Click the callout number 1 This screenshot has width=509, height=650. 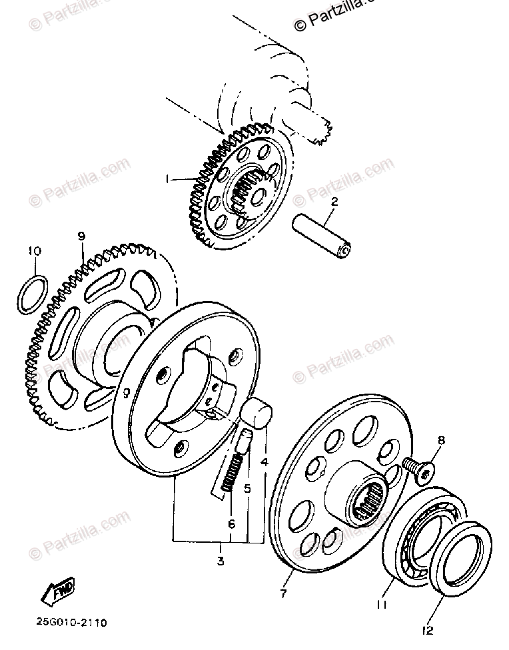point(171,179)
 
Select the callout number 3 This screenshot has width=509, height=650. point(220,561)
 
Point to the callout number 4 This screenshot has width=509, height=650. point(264,461)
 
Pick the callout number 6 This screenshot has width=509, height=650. point(232,524)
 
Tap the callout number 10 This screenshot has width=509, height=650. point(34,251)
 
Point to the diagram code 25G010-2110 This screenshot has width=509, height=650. point(67,623)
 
